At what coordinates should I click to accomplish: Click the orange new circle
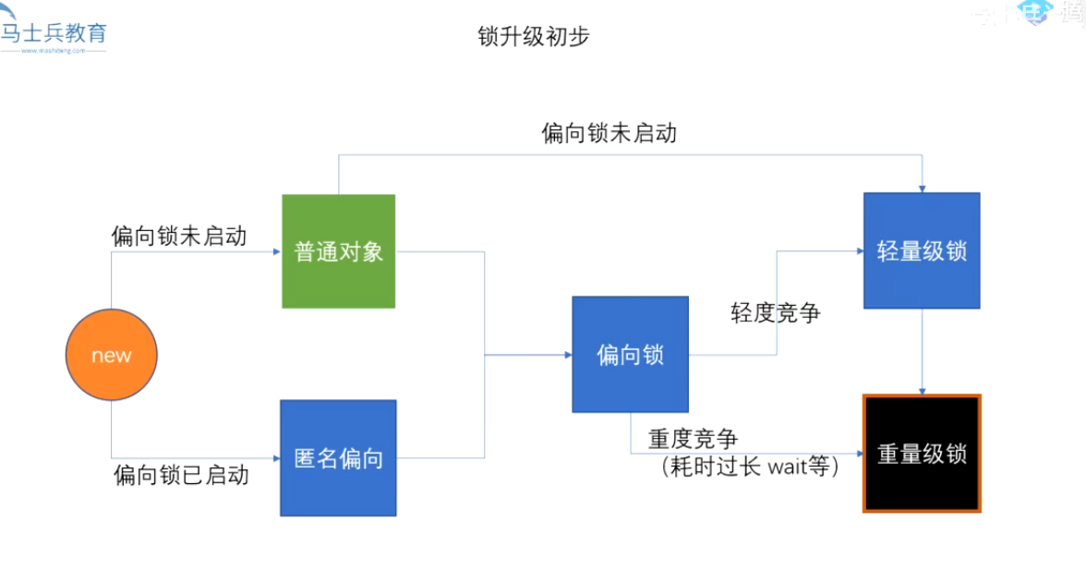click(x=112, y=355)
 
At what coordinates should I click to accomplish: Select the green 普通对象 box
click(x=339, y=251)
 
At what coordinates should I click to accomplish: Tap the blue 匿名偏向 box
click(x=338, y=457)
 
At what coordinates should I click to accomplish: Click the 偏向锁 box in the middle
click(x=630, y=354)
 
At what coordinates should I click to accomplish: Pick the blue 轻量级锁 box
click(x=922, y=250)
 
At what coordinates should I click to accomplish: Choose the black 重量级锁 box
click(x=922, y=454)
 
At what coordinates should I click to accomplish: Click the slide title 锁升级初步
click(x=534, y=36)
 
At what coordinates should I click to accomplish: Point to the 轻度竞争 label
click(x=776, y=312)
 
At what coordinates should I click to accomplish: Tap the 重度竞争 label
click(x=693, y=438)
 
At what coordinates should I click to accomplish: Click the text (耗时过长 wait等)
click(x=750, y=468)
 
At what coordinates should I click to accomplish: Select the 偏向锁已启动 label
click(x=181, y=475)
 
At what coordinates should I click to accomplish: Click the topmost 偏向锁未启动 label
click(x=609, y=133)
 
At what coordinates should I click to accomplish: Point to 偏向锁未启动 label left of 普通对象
click(x=179, y=236)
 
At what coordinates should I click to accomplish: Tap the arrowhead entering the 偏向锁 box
click(x=567, y=355)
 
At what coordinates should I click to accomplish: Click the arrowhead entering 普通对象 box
click(x=276, y=251)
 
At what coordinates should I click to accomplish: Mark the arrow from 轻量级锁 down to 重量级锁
click(x=923, y=351)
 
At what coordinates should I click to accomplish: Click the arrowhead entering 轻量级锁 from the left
click(x=858, y=251)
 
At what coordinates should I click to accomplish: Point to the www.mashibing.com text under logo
click(x=54, y=51)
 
